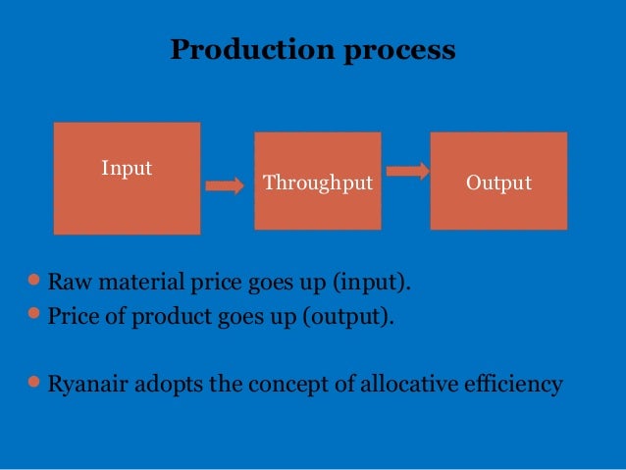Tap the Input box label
[x=127, y=169]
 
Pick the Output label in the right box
[x=498, y=183]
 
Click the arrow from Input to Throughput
[x=226, y=186]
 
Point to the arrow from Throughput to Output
[x=407, y=171]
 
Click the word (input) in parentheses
[x=369, y=286]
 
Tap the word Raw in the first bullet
[x=68, y=286]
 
